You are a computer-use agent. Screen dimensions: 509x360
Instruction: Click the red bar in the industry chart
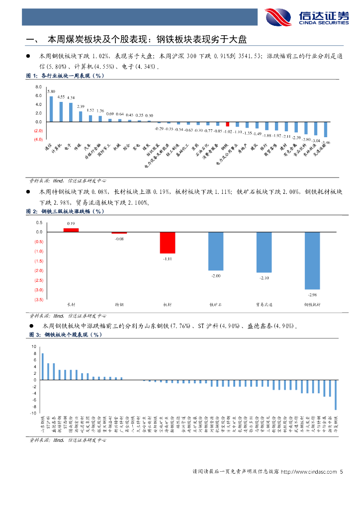pyautogui.click(x=228, y=124)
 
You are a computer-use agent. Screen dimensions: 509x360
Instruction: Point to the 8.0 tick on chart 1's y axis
pyautogui.click(x=38, y=87)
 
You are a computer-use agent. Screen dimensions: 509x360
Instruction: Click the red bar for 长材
pyautogui.click(x=71, y=230)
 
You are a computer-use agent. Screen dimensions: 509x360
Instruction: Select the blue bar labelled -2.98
pyautogui.click(x=312, y=260)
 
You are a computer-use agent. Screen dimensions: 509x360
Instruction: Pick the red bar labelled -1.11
pyautogui.click(x=168, y=243)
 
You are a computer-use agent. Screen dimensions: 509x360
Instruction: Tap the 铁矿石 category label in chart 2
pyautogui.click(x=215, y=304)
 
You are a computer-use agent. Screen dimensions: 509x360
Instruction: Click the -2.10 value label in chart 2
pyautogui.click(x=264, y=278)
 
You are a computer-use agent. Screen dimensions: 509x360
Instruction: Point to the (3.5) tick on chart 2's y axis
pyautogui.click(x=38, y=300)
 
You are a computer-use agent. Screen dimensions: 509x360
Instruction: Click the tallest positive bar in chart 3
pyautogui.click(x=43, y=366)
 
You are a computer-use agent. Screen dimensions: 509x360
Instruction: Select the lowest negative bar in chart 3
pyautogui.click(x=335, y=395)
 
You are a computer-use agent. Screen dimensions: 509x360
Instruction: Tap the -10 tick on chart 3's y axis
pyautogui.click(x=33, y=413)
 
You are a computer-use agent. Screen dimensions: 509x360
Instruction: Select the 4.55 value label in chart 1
pyautogui.click(x=61, y=97)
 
